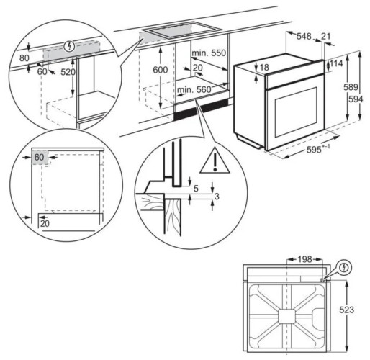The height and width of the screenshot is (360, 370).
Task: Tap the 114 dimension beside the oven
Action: coord(335,64)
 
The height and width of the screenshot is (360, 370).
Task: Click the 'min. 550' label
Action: coord(208,53)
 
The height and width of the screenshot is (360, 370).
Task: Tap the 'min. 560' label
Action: coord(194,91)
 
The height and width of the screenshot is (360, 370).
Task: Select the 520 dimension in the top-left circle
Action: coord(68,73)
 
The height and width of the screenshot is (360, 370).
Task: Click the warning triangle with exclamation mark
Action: coord(212,162)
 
